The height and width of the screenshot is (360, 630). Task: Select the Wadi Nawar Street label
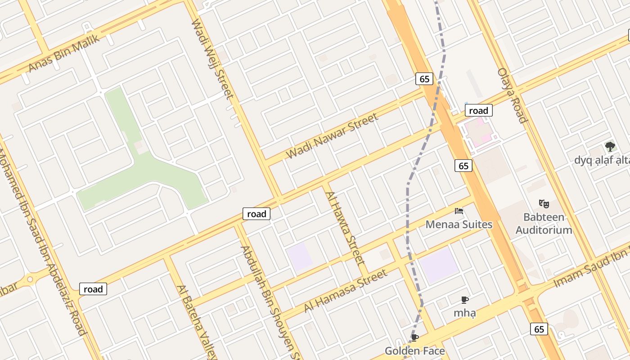tap(332, 135)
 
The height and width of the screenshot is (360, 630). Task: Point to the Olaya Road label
tap(512, 95)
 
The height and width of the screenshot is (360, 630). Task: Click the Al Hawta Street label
tap(345, 228)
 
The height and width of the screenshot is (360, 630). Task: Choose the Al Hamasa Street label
tap(345, 291)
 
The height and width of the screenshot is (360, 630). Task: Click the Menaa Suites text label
tap(459, 224)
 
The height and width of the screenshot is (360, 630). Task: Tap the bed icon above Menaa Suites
tap(459, 211)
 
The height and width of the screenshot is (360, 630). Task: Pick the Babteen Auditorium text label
tap(544, 224)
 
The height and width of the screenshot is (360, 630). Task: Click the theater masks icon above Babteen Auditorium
tap(544, 204)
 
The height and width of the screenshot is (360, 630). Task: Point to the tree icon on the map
tap(610, 146)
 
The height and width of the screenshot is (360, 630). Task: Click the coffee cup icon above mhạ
tap(465, 300)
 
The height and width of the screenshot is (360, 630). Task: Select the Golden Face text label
tap(414, 351)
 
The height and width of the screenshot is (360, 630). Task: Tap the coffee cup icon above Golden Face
tap(414, 337)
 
